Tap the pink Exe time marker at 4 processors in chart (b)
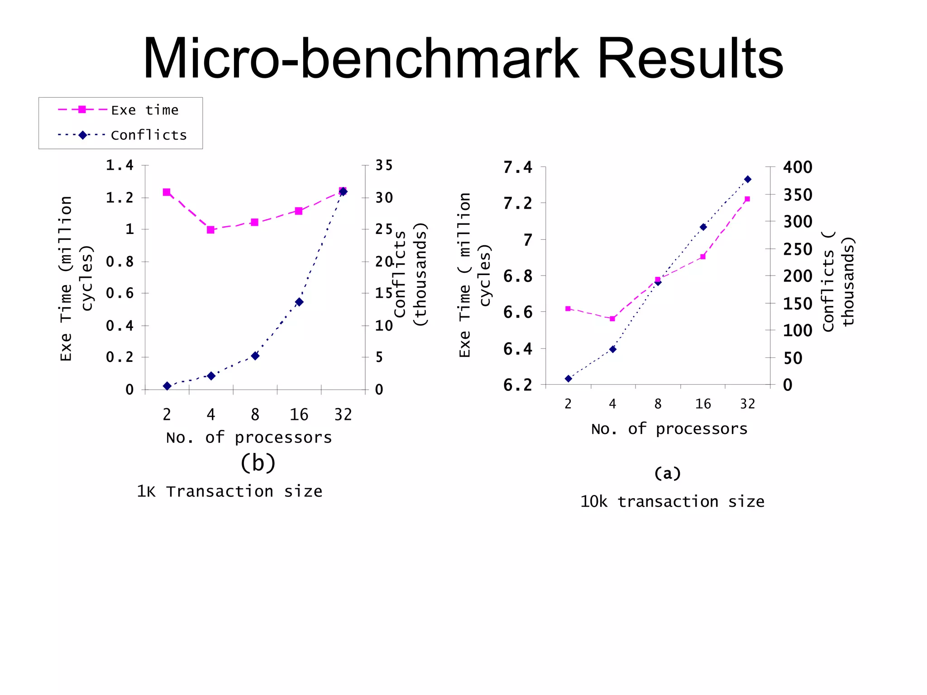(x=210, y=230)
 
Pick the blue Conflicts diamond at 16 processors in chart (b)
(x=299, y=302)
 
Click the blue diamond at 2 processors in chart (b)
(x=167, y=386)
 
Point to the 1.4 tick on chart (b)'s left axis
(x=119, y=165)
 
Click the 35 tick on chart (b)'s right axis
(x=384, y=165)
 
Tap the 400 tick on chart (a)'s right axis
(x=798, y=167)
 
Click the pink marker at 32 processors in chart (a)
(x=747, y=199)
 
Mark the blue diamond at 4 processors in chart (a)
(x=613, y=349)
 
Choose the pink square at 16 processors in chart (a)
(x=702, y=257)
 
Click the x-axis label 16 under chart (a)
(x=703, y=404)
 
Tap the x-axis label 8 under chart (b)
(x=255, y=414)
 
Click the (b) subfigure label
(x=258, y=463)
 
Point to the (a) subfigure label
(x=667, y=473)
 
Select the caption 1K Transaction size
(x=229, y=491)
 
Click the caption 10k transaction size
(x=672, y=501)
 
